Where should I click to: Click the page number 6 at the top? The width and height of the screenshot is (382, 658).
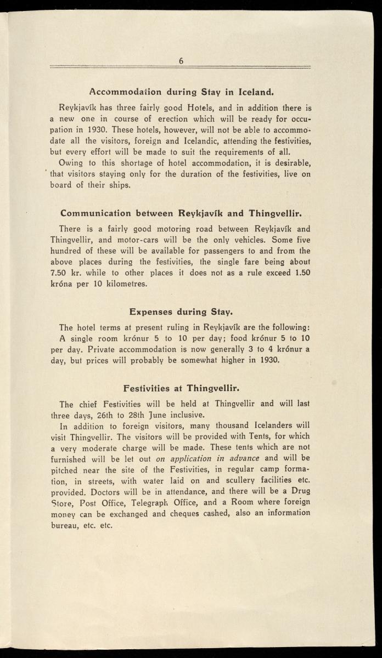click(x=181, y=61)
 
